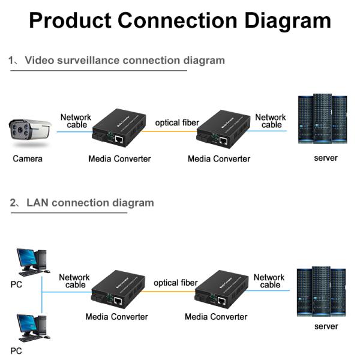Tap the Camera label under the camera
(x=28, y=159)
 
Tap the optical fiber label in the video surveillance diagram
(x=177, y=122)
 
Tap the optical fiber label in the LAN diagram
(x=175, y=283)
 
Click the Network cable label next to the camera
(x=76, y=121)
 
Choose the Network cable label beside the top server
(x=271, y=121)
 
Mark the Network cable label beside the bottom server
(x=269, y=281)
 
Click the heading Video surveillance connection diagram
(x=125, y=61)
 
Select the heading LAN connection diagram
(x=90, y=203)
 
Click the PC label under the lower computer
(x=16, y=351)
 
